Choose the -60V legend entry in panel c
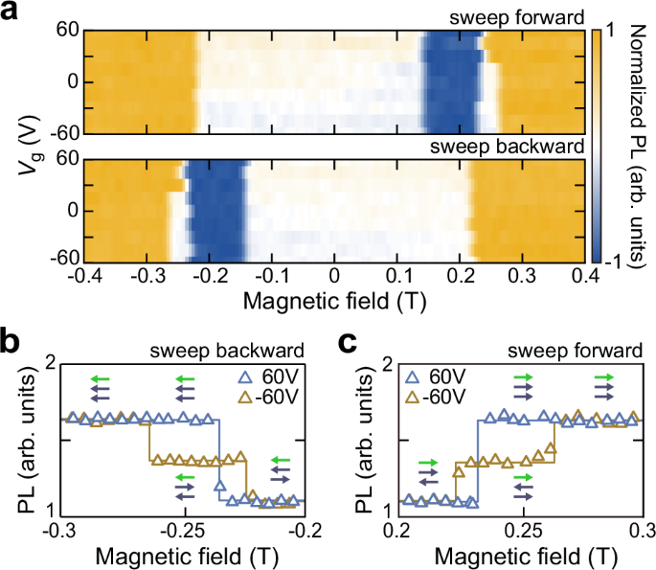[442, 397]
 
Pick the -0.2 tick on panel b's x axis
[305, 529]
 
